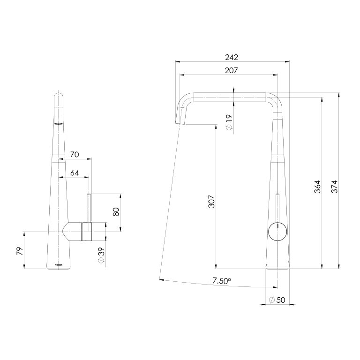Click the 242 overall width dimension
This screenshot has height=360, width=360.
click(232, 57)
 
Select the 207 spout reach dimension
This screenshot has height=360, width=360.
click(232, 70)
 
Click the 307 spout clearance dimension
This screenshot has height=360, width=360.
click(211, 202)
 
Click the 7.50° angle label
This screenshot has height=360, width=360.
click(221, 281)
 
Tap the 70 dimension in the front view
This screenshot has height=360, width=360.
click(75, 154)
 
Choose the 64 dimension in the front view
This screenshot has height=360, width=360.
click(75, 172)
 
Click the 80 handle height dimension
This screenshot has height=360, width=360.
click(116, 211)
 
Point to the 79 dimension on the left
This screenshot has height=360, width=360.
click(19, 250)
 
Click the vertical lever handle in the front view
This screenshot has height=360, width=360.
click(88, 206)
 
